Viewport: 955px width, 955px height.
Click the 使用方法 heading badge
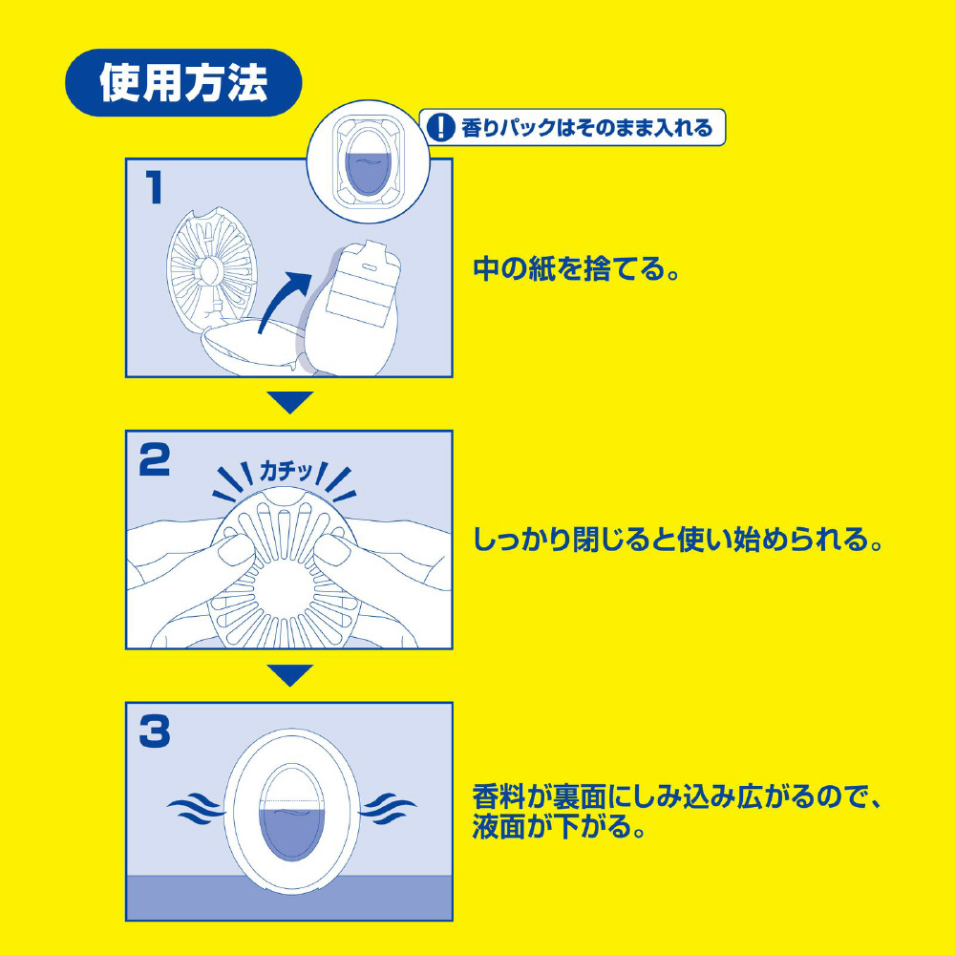pos(183,83)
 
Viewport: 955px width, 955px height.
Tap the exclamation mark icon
pos(440,128)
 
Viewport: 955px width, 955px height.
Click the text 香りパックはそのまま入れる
pos(586,128)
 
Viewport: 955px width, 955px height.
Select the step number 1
pos(154,187)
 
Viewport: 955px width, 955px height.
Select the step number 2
pos(154,460)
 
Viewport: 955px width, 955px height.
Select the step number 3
pos(154,732)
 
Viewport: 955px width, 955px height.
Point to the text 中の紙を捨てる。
pos(576,268)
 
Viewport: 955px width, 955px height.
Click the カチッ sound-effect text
pos(286,472)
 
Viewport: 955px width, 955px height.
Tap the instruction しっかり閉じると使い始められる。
pos(678,539)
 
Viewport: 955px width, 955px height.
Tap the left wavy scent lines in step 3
pos(196,808)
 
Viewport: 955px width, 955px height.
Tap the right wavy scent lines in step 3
pos(388,808)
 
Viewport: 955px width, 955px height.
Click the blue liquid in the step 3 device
pos(291,832)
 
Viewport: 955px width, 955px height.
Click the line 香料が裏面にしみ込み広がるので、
pos(677,796)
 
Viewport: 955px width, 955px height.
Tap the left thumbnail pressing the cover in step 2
pos(236,550)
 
